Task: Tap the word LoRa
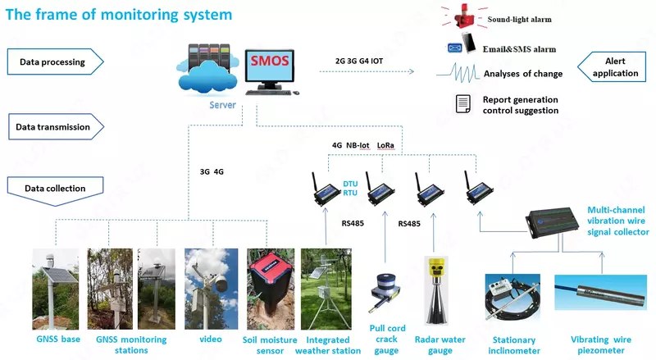385,145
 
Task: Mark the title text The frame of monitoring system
120,15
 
